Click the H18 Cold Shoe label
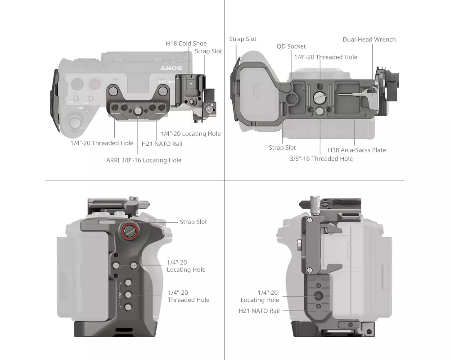tap(186, 43)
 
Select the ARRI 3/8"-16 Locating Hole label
tap(144, 160)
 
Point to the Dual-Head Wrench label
tap(369, 40)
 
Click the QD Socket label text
tap(291, 46)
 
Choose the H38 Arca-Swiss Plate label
tap(357, 150)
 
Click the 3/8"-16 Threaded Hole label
tap(321, 158)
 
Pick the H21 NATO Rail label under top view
tap(162, 144)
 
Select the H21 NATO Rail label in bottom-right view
tap(259, 310)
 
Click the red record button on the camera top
tap(94, 84)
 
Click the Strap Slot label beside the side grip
tap(193, 222)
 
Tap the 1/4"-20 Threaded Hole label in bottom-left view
tap(189, 296)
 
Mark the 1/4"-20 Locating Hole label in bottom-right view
tap(260, 296)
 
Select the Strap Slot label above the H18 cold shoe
tap(208, 51)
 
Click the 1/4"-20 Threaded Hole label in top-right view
tap(326, 57)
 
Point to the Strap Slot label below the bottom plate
tap(282, 148)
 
